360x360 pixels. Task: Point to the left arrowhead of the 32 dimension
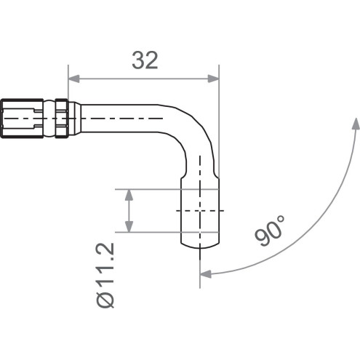click(72, 79)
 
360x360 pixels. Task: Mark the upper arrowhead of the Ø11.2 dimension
click(129, 193)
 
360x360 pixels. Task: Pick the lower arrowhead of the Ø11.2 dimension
click(129, 228)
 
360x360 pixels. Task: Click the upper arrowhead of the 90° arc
click(355, 124)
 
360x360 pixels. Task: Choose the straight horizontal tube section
click(124, 117)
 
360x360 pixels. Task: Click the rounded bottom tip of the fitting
click(199, 244)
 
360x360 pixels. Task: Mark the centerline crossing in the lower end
click(200, 211)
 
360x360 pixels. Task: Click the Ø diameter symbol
click(106, 300)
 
